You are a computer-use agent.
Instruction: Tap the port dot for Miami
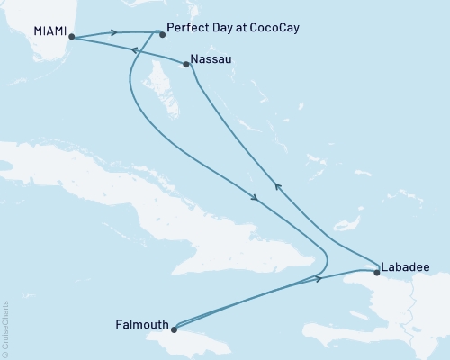[71, 38]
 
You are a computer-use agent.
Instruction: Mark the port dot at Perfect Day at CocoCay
[161, 35]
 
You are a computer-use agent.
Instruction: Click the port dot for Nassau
[185, 64]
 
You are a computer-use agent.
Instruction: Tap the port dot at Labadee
[376, 271]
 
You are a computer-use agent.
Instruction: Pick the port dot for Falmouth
[175, 328]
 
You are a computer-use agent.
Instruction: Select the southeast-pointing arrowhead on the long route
[256, 197]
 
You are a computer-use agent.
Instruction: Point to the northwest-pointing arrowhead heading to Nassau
[277, 186]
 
